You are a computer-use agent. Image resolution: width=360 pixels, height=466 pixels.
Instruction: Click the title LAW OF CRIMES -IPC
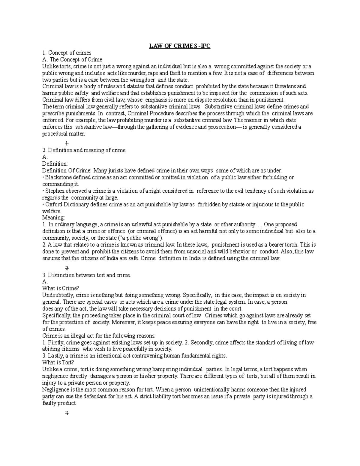[x=180, y=46]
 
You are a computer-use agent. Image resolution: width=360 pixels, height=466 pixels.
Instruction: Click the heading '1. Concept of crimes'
[x=67, y=53]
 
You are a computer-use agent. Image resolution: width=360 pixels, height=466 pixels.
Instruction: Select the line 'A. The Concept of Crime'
[x=72, y=59]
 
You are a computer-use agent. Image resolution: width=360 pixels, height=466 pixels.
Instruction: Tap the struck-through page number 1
[x=67, y=143]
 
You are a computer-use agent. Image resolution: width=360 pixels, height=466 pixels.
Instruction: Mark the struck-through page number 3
[x=67, y=413]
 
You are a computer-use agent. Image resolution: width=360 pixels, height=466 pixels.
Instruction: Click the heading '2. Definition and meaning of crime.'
[x=85, y=150]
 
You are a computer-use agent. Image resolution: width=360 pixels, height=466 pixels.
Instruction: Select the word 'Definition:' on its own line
[x=55, y=164]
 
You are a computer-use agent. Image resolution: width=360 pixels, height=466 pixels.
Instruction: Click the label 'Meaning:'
[x=53, y=218]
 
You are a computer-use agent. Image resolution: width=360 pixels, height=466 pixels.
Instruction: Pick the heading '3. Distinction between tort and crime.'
[x=87, y=275]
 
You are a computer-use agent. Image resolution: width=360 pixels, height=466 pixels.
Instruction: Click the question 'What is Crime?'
[x=61, y=288]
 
